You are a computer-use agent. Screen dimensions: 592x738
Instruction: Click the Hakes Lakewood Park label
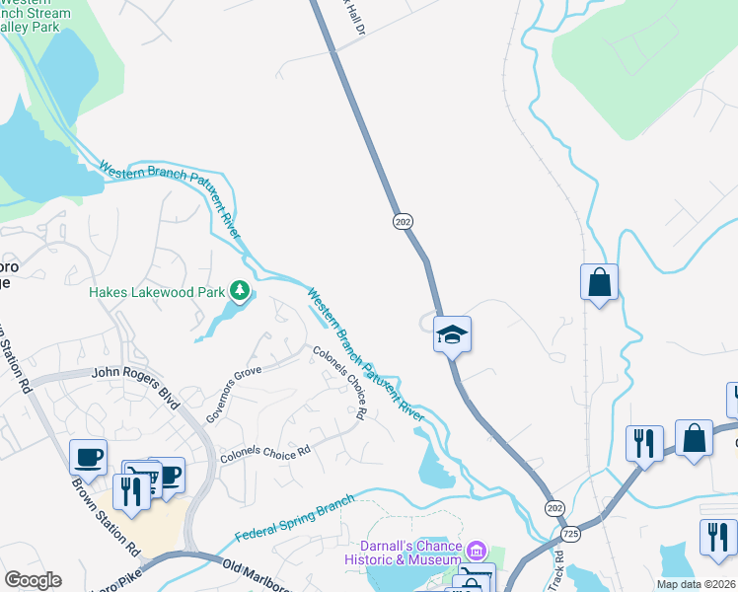pyautogui.click(x=157, y=292)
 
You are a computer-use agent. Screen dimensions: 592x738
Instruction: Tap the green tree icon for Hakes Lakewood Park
pyautogui.click(x=239, y=291)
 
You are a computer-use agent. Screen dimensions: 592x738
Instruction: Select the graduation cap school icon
pyautogui.click(x=453, y=334)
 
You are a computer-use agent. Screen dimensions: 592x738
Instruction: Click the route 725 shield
pyautogui.click(x=570, y=534)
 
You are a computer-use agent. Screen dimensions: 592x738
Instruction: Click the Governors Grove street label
pyautogui.click(x=233, y=395)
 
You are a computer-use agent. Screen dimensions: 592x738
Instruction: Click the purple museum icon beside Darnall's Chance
pyautogui.click(x=477, y=549)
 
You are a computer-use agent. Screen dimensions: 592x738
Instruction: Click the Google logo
pyautogui.click(x=33, y=580)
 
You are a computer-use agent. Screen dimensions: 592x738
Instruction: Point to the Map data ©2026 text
pyautogui.click(x=695, y=584)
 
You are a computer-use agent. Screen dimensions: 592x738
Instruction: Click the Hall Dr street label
pyautogui.click(x=353, y=18)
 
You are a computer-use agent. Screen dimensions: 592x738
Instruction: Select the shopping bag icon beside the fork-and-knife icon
pyautogui.click(x=694, y=438)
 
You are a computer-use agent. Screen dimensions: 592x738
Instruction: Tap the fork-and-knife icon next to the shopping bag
pyautogui.click(x=643, y=443)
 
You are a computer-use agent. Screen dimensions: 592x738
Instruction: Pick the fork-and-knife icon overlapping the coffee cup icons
pyautogui.click(x=130, y=490)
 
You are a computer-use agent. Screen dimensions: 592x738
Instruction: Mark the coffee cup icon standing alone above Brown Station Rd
pyautogui.click(x=88, y=457)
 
